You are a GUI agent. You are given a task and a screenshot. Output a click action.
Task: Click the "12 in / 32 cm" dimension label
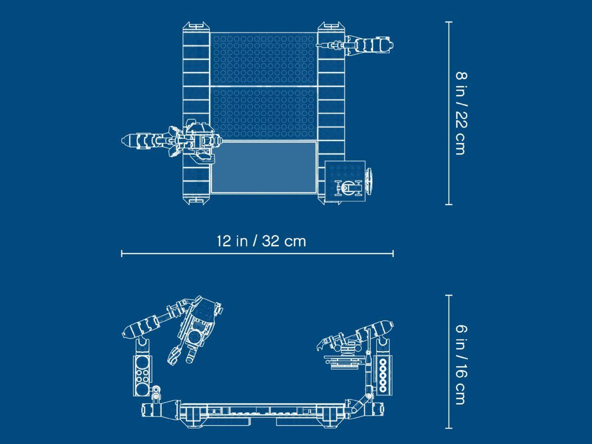[261, 241]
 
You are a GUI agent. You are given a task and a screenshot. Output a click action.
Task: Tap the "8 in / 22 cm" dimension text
[461, 113]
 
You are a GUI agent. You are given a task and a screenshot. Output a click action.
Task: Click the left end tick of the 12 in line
[122, 253]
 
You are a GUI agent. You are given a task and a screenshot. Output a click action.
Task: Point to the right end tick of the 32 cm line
[393, 253]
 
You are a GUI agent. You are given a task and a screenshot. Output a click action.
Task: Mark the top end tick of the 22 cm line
[449, 22]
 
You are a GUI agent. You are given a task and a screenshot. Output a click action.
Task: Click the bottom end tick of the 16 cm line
[449, 428]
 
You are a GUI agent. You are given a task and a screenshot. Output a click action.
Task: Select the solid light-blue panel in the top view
[264, 167]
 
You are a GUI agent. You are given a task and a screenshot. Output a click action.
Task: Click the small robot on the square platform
[348, 187]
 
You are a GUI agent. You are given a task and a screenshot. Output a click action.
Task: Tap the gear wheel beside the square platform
[369, 181]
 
